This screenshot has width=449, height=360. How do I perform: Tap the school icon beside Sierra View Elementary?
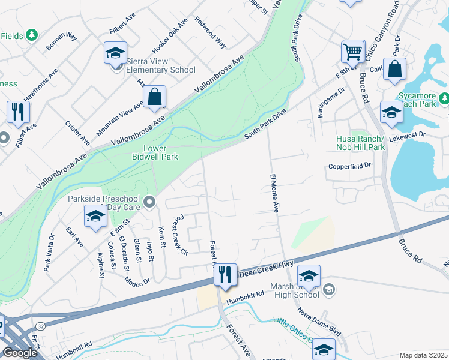115,54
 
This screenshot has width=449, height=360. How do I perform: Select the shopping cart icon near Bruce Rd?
352,52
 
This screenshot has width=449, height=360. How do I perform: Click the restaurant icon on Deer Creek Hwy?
225,275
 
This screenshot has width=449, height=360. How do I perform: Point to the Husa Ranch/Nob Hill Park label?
360,143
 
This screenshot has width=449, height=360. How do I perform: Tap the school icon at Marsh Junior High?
309,276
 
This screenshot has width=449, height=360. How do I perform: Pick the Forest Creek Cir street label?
181,236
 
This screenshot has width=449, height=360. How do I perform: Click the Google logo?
19,353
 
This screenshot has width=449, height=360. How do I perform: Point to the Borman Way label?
62,41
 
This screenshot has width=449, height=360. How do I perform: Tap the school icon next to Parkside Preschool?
95,217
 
